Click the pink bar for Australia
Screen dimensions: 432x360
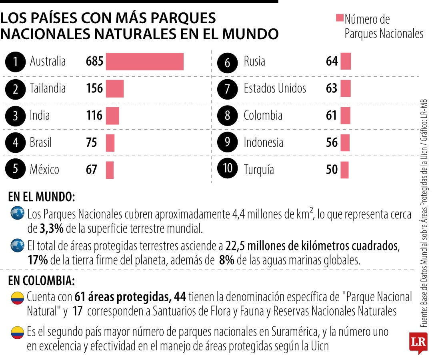(x=145, y=62)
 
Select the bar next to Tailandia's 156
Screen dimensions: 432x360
(x=115, y=88)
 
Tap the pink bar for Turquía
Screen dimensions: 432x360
(x=344, y=170)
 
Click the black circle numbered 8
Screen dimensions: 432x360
(x=227, y=116)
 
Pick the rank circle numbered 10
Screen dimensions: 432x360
(x=227, y=168)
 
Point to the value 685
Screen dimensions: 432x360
(x=94, y=61)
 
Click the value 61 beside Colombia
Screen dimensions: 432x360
(x=331, y=116)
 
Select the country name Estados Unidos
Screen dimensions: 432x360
(x=275, y=88)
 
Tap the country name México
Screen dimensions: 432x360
(x=44, y=169)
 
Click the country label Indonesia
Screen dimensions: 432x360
(x=263, y=142)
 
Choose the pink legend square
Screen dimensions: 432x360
(x=340, y=18)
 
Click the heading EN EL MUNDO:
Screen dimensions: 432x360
(x=41, y=197)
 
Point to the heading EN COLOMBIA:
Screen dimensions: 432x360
(x=41, y=281)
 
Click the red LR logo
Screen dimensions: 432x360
(x=418, y=343)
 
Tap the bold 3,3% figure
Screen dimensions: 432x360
(x=52, y=229)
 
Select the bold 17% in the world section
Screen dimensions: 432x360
(x=38, y=260)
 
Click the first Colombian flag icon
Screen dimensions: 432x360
(x=17, y=298)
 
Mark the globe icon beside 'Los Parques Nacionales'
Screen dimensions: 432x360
(x=17, y=213)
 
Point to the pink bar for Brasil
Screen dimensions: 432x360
(x=110, y=143)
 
